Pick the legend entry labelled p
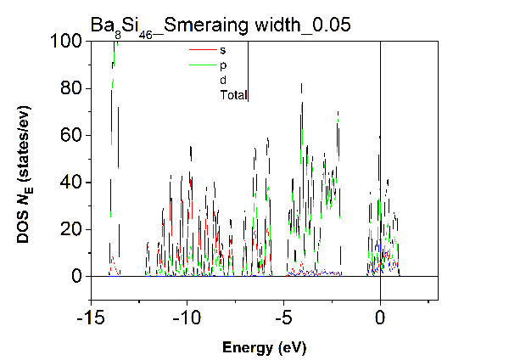pyautogui.click(x=223, y=65)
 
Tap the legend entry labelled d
pyautogui.click(x=223, y=80)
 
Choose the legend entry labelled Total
pyautogui.click(x=233, y=95)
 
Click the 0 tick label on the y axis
pyautogui.click(x=76, y=277)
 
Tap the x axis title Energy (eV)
pyautogui.click(x=263, y=347)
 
